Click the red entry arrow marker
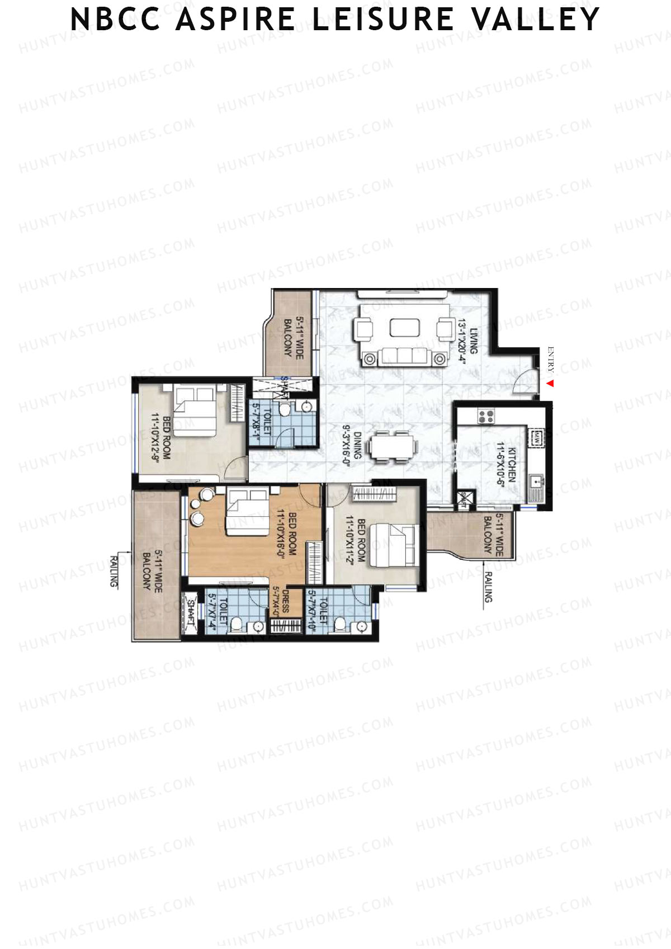(550, 384)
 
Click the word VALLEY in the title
(536, 19)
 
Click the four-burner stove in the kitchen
(485, 416)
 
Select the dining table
(392, 447)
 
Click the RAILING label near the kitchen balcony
(488, 587)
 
